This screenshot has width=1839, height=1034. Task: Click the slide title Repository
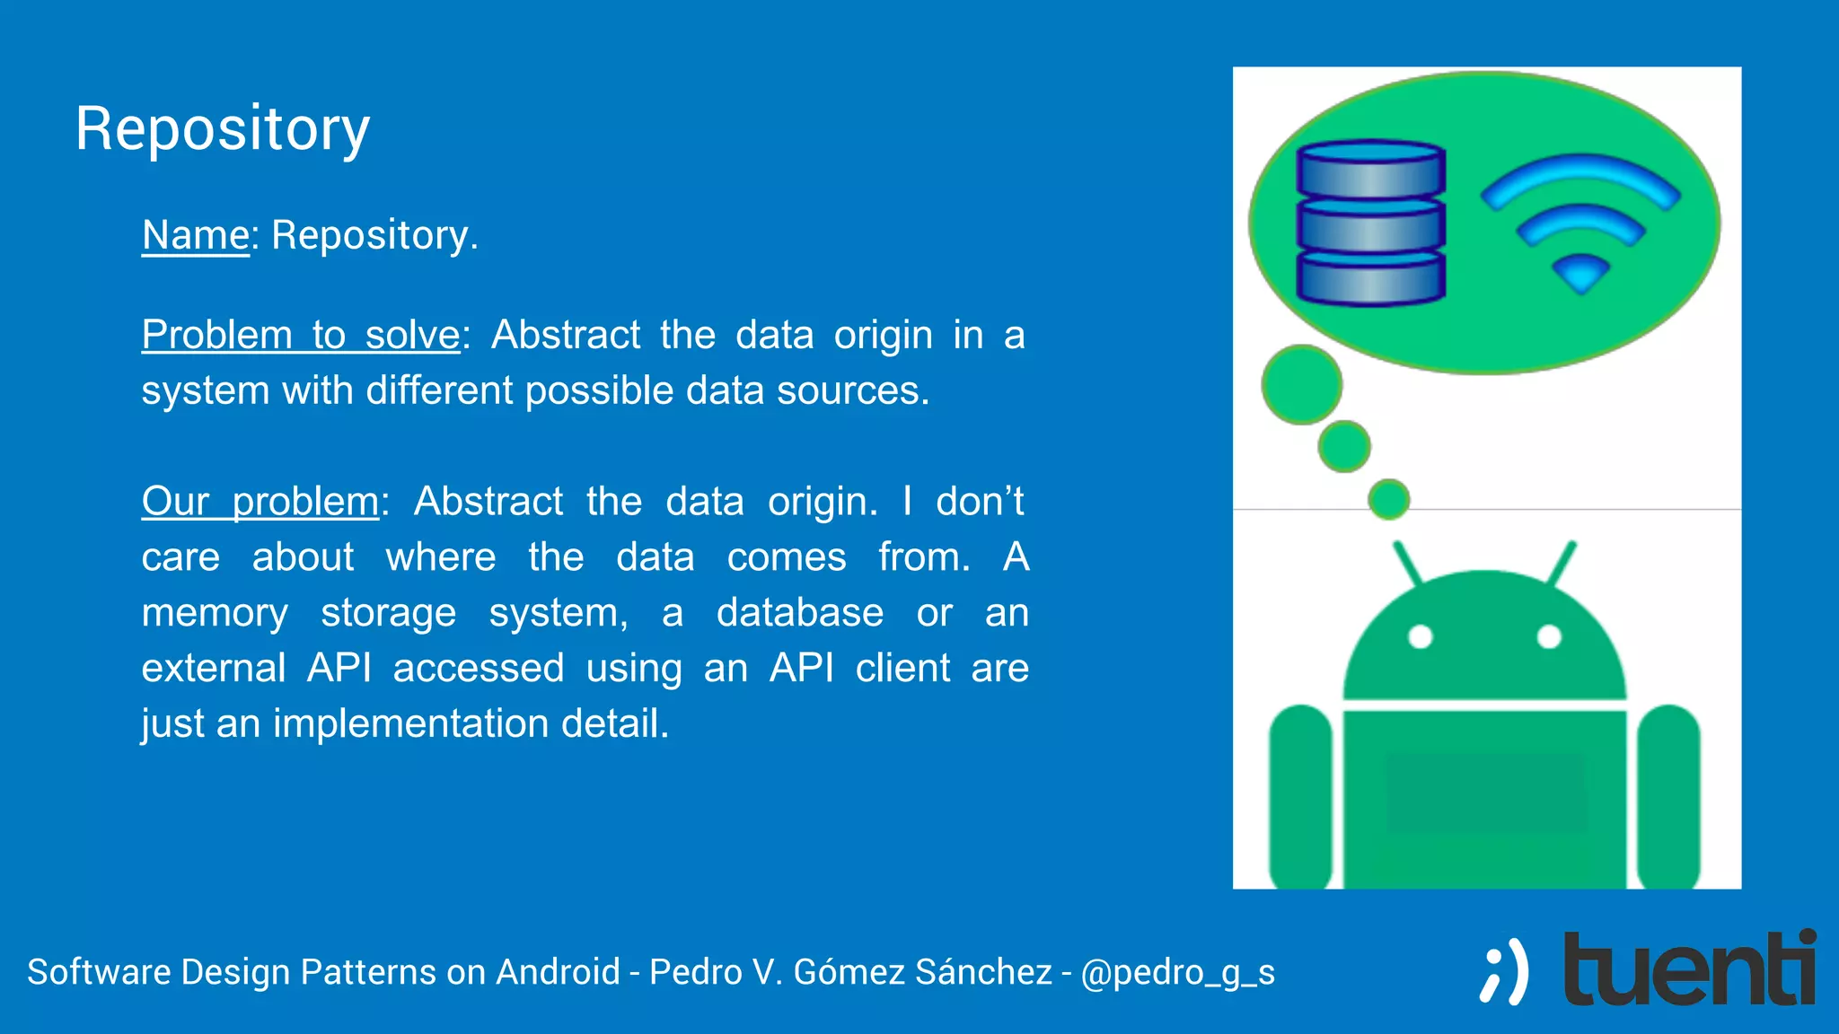coord(222,128)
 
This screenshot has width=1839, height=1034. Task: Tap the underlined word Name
coord(195,235)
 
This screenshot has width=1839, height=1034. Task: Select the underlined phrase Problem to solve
coord(301,335)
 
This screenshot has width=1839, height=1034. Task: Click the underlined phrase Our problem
coord(260,501)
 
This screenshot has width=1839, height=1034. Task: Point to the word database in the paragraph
coord(799,613)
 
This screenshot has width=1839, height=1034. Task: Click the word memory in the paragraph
coord(215,613)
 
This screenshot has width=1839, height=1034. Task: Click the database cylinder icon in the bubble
coord(1370,223)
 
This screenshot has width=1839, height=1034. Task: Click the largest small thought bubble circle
coord(1301,384)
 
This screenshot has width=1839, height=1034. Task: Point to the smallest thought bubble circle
coord(1388,499)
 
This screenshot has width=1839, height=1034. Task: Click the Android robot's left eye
coord(1420,637)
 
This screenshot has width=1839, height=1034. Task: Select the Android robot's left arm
coord(1299,794)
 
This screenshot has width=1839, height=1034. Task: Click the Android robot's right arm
coord(1668,794)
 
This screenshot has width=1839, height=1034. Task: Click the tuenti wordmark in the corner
coord(1688,969)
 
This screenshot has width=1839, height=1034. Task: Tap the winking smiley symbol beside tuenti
coord(1505,972)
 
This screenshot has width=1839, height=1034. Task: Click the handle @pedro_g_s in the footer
coord(1177,972)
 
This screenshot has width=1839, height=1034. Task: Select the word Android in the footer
coord(558,972)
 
